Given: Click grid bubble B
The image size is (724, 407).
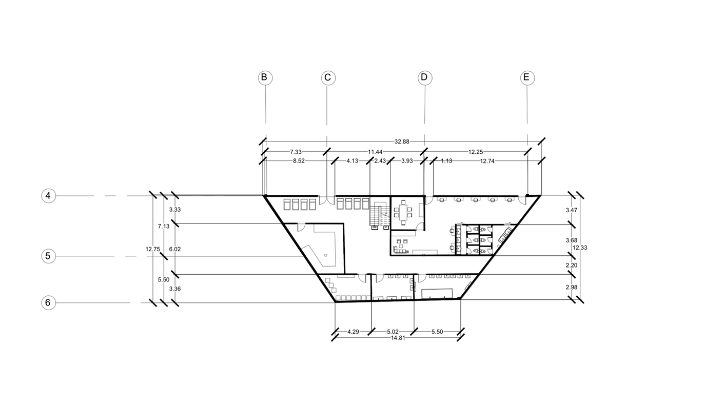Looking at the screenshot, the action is click(265, 78).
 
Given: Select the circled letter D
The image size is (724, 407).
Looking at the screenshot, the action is click(424, 78).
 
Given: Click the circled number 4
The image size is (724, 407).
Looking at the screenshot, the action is click(48, 196).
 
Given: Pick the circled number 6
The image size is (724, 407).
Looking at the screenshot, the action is click(48, 302).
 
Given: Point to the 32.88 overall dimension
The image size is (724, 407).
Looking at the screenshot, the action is click(402, 141).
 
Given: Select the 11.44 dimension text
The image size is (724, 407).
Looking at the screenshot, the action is click(375, 152).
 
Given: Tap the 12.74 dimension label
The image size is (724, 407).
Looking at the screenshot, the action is click(490, 161).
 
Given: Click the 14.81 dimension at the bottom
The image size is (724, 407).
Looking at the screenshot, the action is click(398, 338).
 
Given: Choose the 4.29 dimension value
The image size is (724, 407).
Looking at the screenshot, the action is click(353, 332).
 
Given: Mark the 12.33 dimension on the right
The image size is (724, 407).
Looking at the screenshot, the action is click(580, 248).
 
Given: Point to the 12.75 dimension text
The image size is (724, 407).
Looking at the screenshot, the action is click(153, 249).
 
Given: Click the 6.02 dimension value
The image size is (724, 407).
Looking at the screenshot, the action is click(174, 249).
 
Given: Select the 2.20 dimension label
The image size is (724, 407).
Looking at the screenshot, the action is click(571, 265).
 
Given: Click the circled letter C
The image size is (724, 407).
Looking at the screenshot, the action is click(328, 78).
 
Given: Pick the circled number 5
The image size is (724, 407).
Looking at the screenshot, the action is click(48, 256).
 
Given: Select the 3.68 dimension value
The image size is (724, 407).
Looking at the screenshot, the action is click(571, 240).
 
